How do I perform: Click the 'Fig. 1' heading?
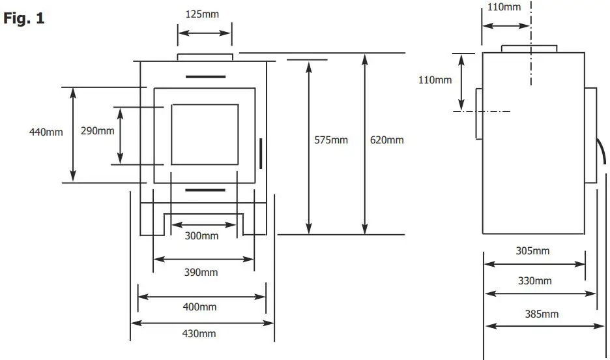[x=24, y=19]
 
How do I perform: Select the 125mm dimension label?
[x=203, y=14]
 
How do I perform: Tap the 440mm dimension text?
[x=46, y=132]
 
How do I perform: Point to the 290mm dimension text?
[x=97, y=131]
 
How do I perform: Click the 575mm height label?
[x=331, y=140]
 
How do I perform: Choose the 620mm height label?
[x=386, y=140]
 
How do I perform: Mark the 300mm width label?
[x=201, y=236]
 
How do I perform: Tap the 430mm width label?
[x=199, y=334]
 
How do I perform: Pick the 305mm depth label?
[x=532, y=251]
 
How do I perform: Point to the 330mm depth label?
[x=534, y=281]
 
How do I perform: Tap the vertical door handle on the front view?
[x=261, y=152]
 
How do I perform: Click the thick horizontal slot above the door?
[x=205, y=77]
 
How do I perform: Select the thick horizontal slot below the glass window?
[x=205, y=190]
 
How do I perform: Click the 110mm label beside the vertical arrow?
[x=435, y=80]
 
